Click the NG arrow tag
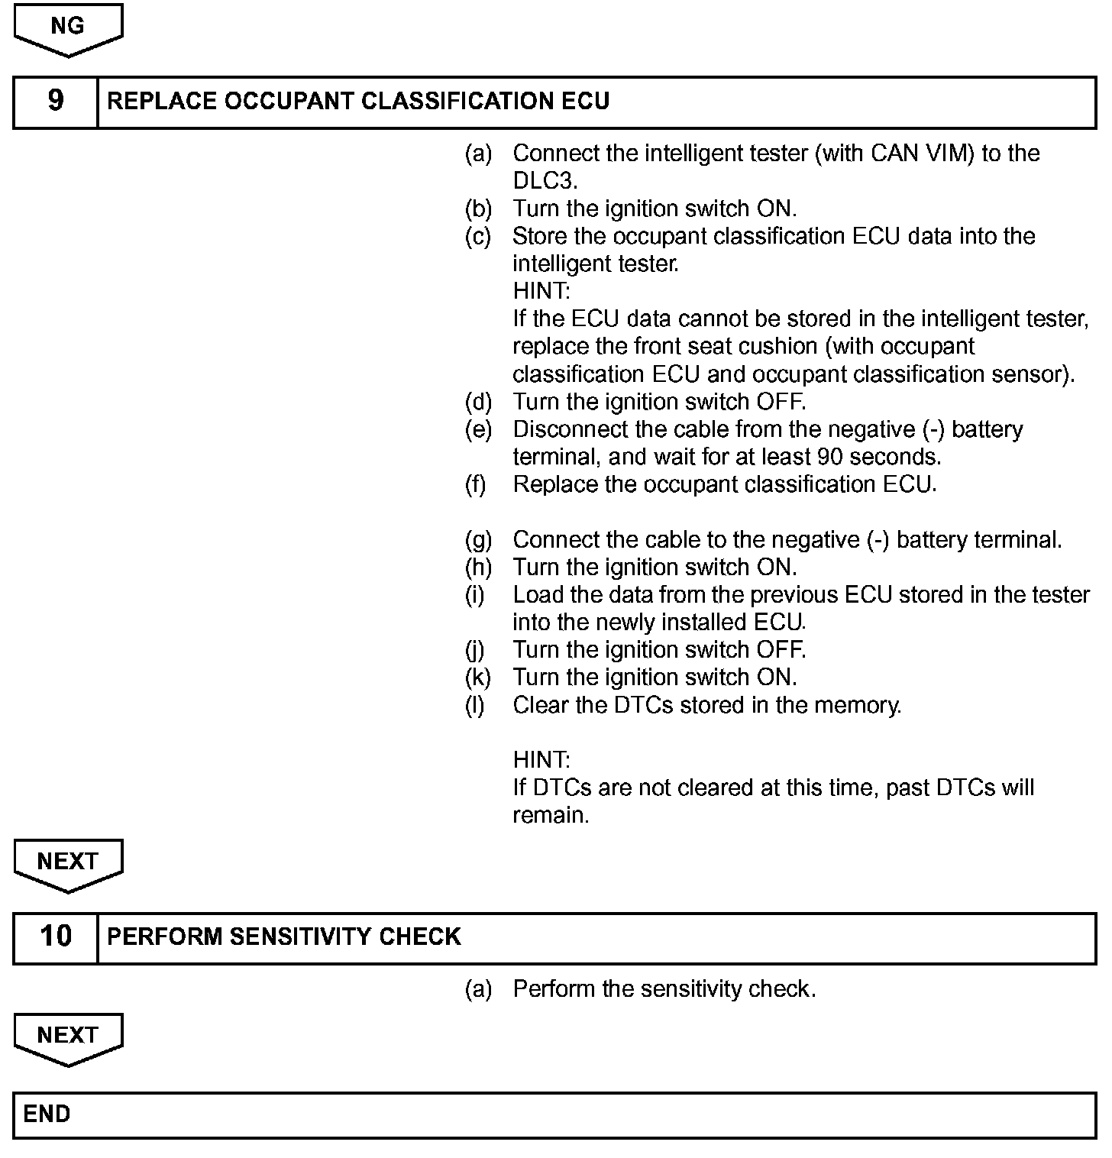[x=68, y=28]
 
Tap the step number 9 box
[x=56, y=102]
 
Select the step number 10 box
[x=56, y=936]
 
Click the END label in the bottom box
[x=47, y=1114]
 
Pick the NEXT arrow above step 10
[x=68, y=863]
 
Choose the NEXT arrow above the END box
[x=68, y=1037]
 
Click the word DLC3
[x=545, y=181]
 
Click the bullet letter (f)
[x=476, y=484]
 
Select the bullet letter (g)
[x=478, y=540]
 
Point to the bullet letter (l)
[x=474, y=705]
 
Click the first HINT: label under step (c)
[x=541, y=291]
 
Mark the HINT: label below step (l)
[x=541, y=760]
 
